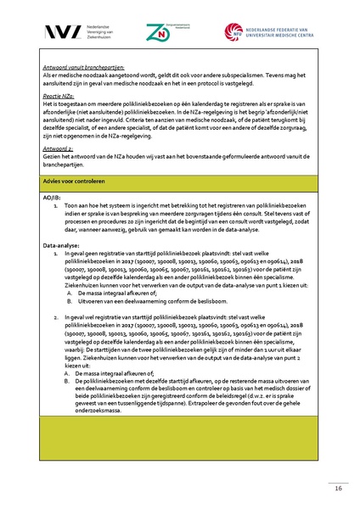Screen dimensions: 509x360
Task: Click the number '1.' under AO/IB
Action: tap(55, 205)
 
